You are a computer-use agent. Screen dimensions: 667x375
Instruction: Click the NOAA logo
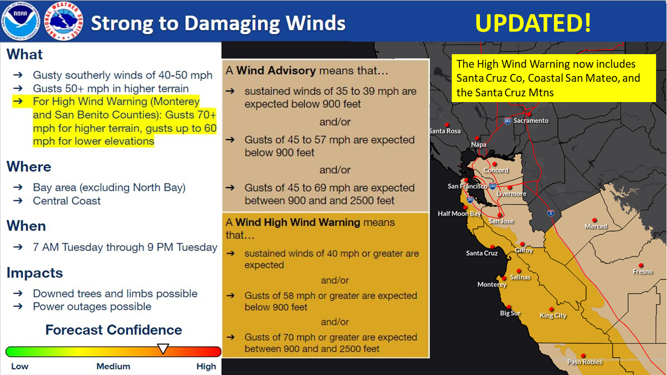[x=20, y=21]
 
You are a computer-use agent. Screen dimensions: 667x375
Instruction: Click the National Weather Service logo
[x=64, y=21]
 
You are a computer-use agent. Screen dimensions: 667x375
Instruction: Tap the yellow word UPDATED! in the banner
[x=533, y=23]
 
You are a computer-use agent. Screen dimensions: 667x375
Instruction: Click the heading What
[x=24, y=55]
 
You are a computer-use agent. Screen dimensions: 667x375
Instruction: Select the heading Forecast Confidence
[x=114, y=330]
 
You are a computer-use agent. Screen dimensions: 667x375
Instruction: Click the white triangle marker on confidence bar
[x=163, y=348]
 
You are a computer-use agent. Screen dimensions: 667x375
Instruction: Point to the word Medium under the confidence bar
[x=113, y=366]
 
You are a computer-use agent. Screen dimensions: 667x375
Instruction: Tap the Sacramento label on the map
[x=531, y=120]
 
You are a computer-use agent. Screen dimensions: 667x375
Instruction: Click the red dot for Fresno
[x=641, y=265]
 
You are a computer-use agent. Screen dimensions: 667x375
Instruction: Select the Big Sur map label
[x=510, y=313]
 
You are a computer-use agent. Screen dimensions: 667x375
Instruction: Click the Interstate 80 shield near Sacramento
[x=508, y=120]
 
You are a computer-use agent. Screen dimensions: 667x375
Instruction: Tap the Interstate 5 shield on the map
[x=551, y=213]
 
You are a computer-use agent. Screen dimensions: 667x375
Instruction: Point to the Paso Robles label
[x=585, y=362]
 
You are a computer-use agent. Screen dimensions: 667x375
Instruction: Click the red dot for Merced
[x=595, y=220]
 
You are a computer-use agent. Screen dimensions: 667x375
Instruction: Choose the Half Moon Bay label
[x=459, y=214]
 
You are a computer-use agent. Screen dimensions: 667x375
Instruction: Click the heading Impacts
[x=34, y=273]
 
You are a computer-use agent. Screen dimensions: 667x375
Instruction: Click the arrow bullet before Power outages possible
[x=18, y=306]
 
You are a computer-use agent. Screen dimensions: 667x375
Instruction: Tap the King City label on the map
[x=553, y=316]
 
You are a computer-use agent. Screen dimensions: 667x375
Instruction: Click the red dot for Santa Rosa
[x=447, y=125]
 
